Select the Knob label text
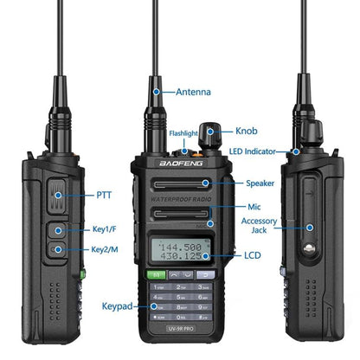246,132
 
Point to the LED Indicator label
259,151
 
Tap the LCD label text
253,256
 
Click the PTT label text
104,195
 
